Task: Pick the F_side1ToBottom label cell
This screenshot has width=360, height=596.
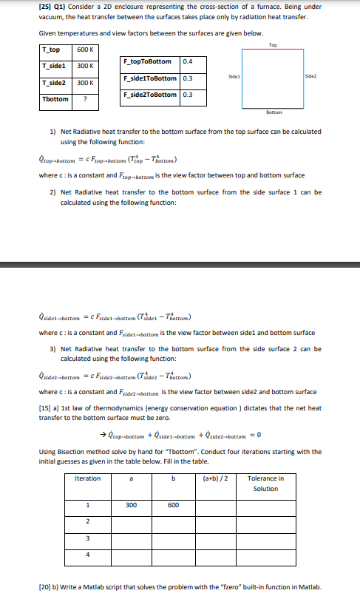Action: pos(150,78)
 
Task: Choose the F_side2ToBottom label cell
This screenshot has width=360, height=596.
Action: pos(150,94)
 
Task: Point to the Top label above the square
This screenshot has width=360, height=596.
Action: pos(273,45)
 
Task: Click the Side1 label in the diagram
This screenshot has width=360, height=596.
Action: pos(234,76)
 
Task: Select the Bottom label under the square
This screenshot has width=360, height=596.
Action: pos(274,112)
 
